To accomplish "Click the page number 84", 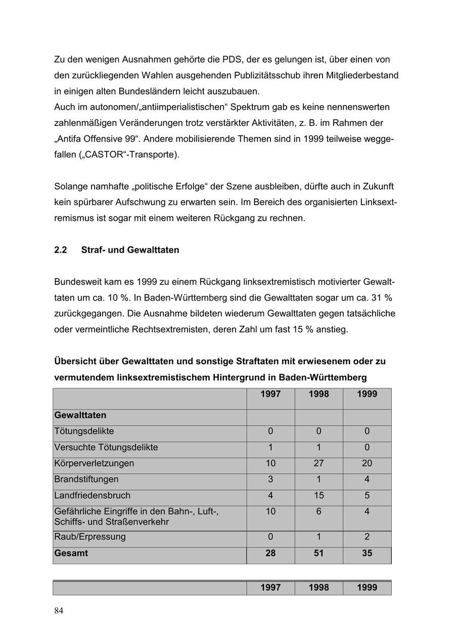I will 59,611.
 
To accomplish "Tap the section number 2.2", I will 61,250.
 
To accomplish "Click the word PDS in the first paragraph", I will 232,60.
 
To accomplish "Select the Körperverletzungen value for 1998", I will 318,463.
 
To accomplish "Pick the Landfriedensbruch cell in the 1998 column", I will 318,496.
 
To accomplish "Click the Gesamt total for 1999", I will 367,553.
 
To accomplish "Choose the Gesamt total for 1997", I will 270,553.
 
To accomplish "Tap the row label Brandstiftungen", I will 86,479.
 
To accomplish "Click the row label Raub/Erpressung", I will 90,537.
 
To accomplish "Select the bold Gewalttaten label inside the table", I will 80,415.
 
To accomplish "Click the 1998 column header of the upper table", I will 318,394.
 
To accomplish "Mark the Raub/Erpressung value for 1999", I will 367,537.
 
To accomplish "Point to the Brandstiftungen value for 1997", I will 270,479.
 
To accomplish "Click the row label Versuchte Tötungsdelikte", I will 106,448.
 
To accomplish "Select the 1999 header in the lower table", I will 367,587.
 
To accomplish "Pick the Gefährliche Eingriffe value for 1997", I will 270,512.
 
